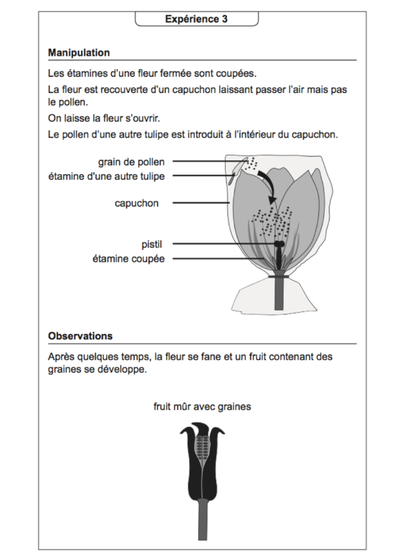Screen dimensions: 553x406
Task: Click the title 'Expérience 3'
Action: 197,20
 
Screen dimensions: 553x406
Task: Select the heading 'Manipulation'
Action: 79,53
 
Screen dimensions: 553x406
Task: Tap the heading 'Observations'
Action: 80,336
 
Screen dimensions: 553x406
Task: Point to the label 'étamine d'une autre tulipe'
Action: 106,176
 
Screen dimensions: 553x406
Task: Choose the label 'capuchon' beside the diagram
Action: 136,203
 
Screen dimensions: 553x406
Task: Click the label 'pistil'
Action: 151,244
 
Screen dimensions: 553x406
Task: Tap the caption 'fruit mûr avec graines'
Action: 202,407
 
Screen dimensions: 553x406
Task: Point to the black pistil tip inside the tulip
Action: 279,244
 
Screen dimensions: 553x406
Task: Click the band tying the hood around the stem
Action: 279,276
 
